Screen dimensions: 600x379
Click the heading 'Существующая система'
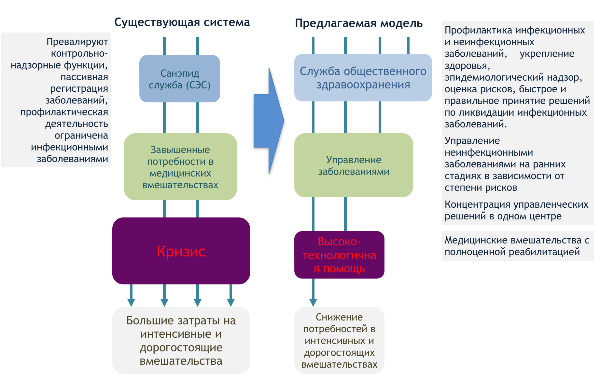[x=182, y=22]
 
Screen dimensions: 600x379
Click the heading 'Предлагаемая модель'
[x=359, y=23]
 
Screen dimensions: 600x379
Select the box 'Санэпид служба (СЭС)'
[x=180, y=79]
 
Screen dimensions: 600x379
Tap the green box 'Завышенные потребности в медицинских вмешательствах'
[x=180, y=167]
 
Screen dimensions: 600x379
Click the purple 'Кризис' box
[x=181, y=251]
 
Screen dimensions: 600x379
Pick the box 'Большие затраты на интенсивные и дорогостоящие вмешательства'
[x=181, y=340]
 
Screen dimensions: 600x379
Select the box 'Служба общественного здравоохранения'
[x=363, y=78]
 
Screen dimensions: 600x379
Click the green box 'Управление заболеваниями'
[x=354, y=165]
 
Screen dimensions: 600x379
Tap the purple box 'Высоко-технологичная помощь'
[x=339, y=255]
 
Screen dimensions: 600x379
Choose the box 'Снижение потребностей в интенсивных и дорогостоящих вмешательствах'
[x=339, y=340]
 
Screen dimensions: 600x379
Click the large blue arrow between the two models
[x=269, y=121]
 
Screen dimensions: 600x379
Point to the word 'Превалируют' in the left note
[x=77, y=42]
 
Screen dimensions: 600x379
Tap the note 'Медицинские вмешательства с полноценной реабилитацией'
[x=517, y=246]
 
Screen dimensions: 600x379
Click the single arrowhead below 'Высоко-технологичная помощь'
[x=313, y=303]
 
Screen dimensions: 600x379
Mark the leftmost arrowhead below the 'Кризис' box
[x=131, y=303]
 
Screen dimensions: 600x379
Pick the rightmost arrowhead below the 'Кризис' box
[x=231, y=303]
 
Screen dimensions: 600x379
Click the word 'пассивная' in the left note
[x=84, y=77]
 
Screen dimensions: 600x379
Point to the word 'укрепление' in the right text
[x=547, y=54]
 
